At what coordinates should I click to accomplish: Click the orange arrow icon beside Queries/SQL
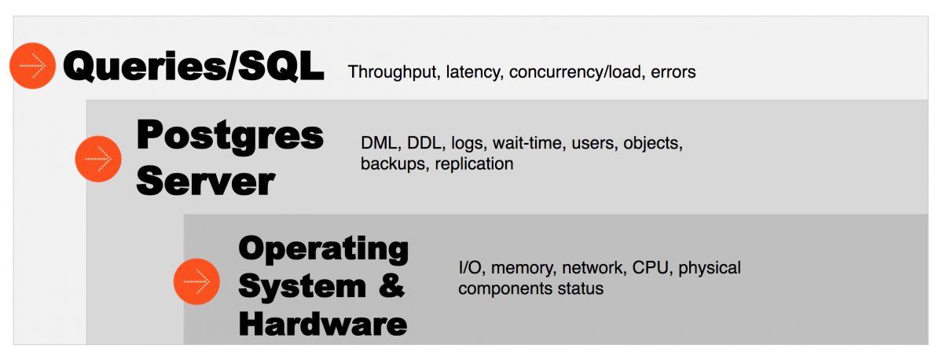click(x=32, y=66)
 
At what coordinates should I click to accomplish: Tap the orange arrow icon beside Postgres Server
click(x=98, y=159)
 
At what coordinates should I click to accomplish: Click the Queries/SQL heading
click(x=193, y=67)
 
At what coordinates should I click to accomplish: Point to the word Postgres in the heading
click(x=229, y=135)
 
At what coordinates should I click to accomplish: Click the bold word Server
click(x=205, y=182)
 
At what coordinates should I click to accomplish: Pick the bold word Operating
click(x=323, y=250)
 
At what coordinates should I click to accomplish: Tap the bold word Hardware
click(x=323, y=323)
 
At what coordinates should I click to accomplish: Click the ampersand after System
click(x=391, y=286)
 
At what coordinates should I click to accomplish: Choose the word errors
click(x=673, y=72)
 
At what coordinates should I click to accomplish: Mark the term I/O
click(x=471, y=268)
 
